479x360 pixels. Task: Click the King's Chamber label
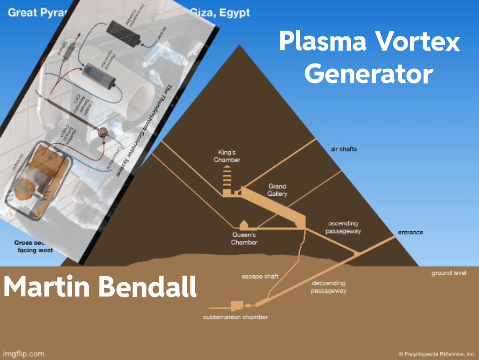227,156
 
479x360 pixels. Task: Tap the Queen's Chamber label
244,238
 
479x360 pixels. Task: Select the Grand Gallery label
277,190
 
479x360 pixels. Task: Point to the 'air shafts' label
344,149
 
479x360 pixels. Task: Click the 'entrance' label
410,232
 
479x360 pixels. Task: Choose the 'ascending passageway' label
343,227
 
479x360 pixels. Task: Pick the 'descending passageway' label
328,287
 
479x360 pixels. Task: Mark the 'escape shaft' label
260,276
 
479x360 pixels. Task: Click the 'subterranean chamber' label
236,317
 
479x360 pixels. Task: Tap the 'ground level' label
449,273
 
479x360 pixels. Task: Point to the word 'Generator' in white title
369,74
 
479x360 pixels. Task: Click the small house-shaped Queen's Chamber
243,224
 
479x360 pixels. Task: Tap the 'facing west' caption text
35,250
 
